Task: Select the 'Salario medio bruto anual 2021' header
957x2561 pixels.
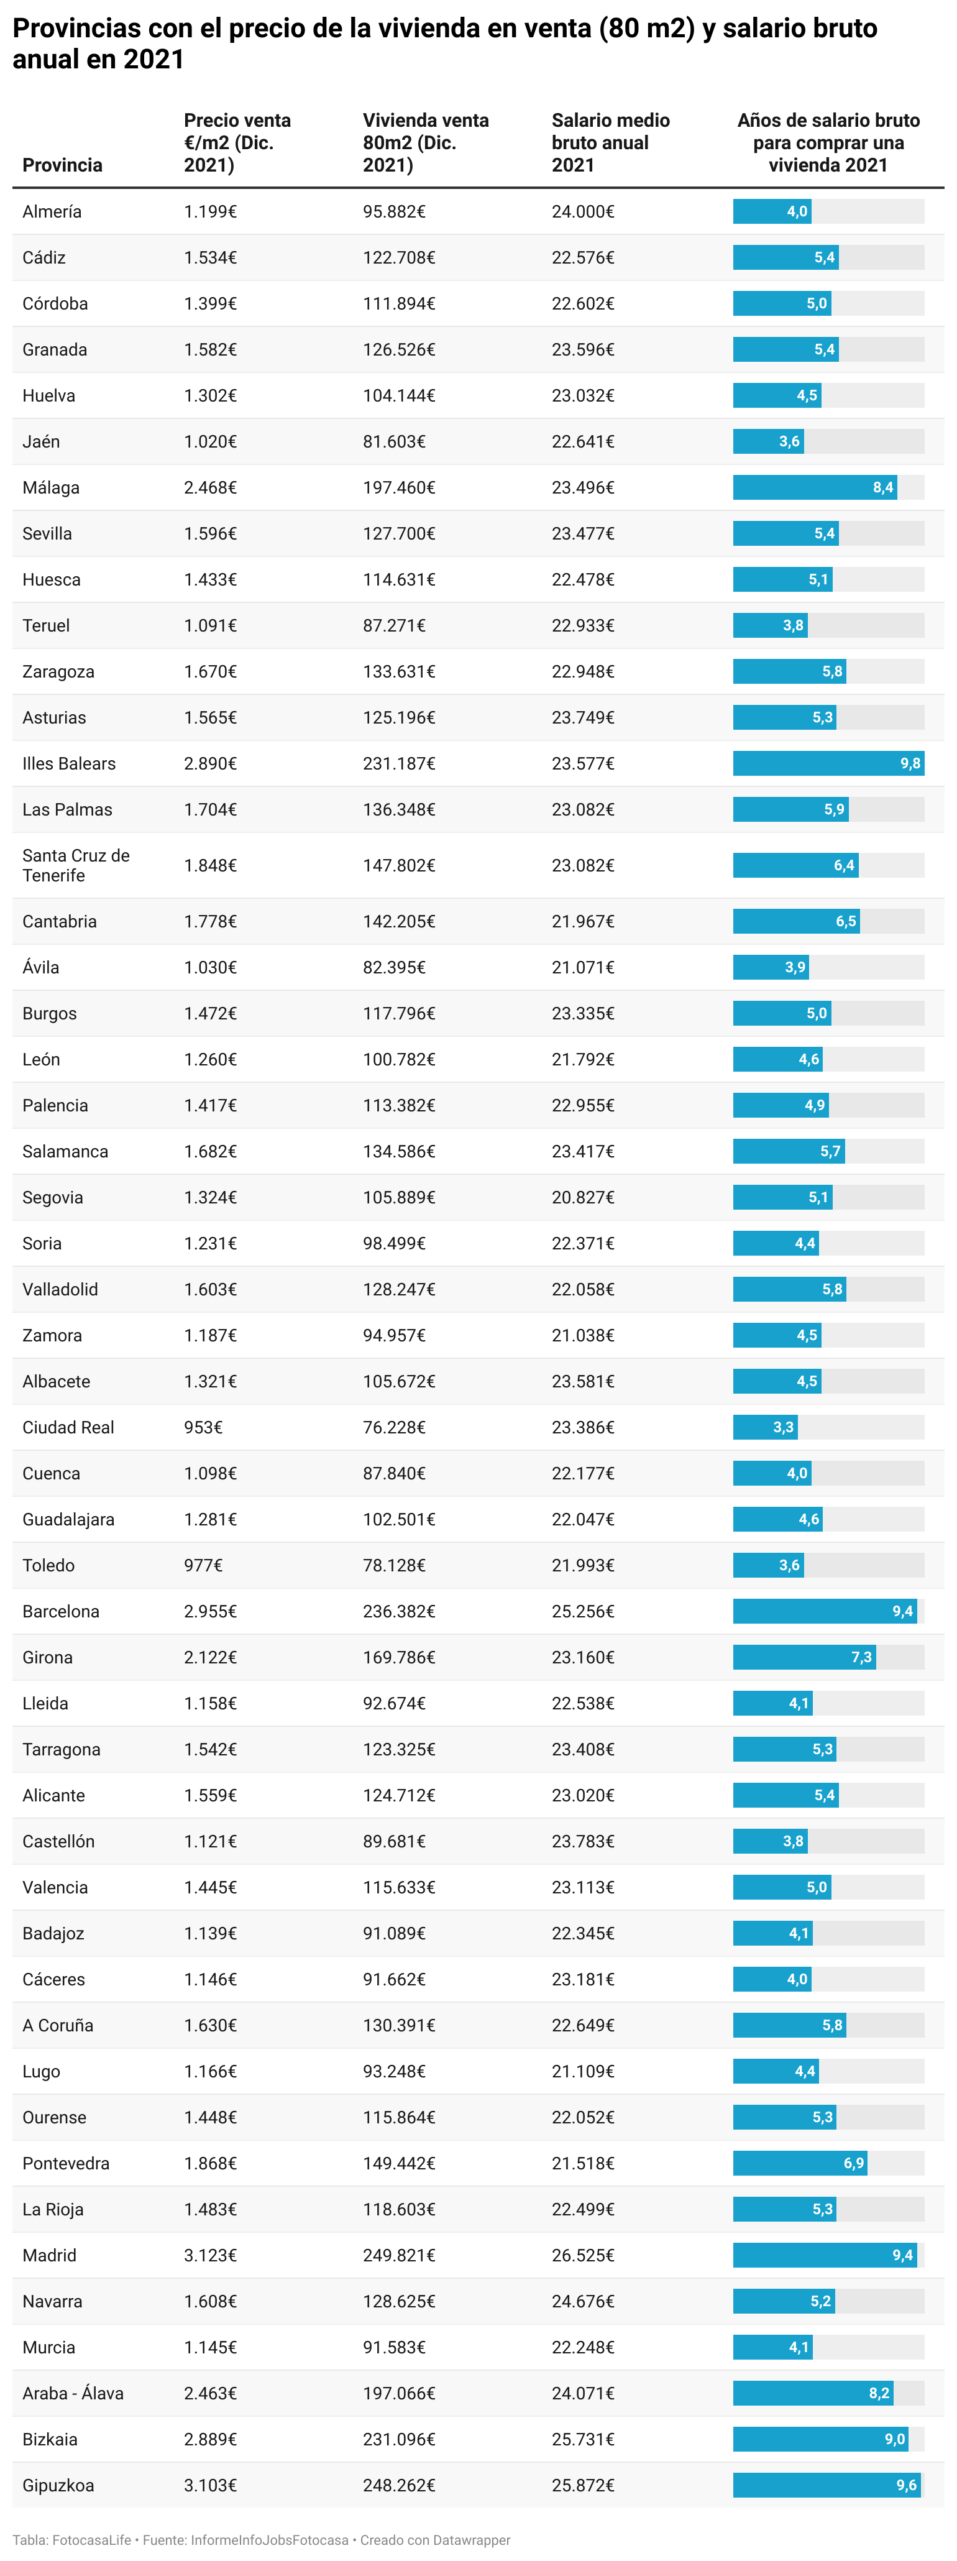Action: (610, 142)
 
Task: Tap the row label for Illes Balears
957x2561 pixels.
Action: (68, 763)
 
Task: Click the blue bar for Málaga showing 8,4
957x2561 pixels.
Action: (814, 487)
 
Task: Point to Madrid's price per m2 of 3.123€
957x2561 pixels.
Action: (209, 2255)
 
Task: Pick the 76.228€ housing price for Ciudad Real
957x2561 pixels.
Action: (393, 1427)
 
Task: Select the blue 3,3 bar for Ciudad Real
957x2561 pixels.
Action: (764, 1427)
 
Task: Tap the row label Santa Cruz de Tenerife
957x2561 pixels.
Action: (76, 865)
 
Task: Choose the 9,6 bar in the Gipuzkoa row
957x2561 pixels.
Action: (826, 2485)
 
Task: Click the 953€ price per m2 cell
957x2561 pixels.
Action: (203, 1427)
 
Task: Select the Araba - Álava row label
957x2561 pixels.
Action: (73, 2393)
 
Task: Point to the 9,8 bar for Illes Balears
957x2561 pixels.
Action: (828, 763)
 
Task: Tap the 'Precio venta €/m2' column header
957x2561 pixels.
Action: (237, 142)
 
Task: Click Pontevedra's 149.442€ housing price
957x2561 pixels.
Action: (398, 2163)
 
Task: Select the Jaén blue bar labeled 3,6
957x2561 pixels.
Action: (767, 441)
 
